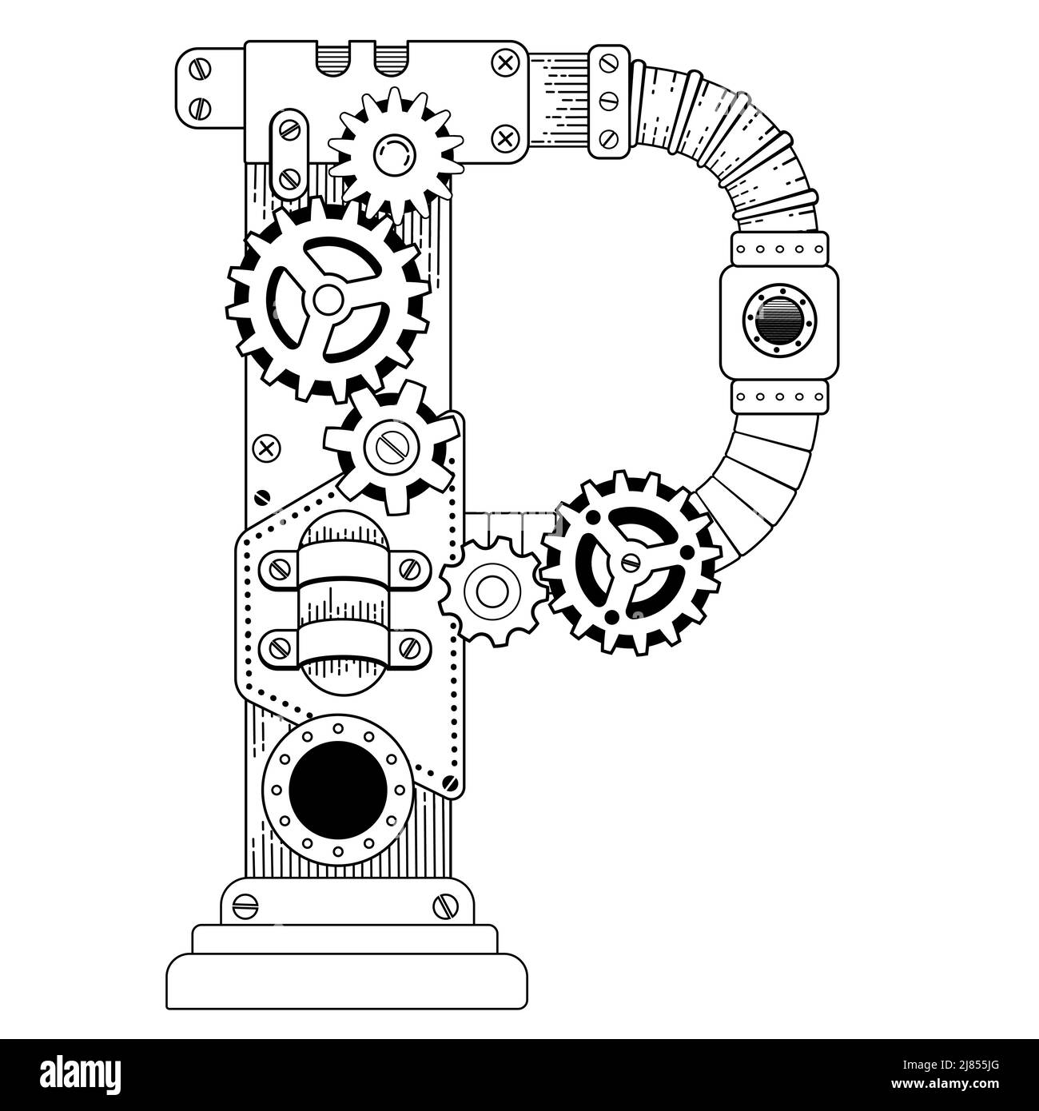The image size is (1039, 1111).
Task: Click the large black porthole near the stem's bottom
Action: [x=337, y=790]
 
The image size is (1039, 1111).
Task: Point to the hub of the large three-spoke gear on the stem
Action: [x=327, y=300]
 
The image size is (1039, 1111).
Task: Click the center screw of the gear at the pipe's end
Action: [x=631, y=561]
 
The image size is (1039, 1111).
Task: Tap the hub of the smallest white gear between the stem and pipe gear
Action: [x=492, y=591]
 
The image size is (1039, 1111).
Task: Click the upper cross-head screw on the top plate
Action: [x=505, y=62]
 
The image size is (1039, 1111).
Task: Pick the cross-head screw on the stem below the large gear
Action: [x=267, y=448]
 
